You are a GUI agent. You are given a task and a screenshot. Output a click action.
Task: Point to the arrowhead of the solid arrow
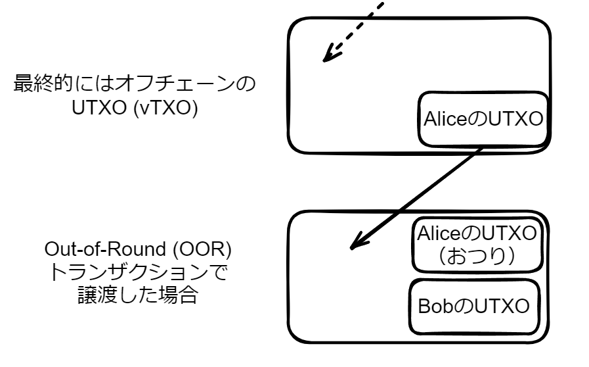click(x=355, y=246)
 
